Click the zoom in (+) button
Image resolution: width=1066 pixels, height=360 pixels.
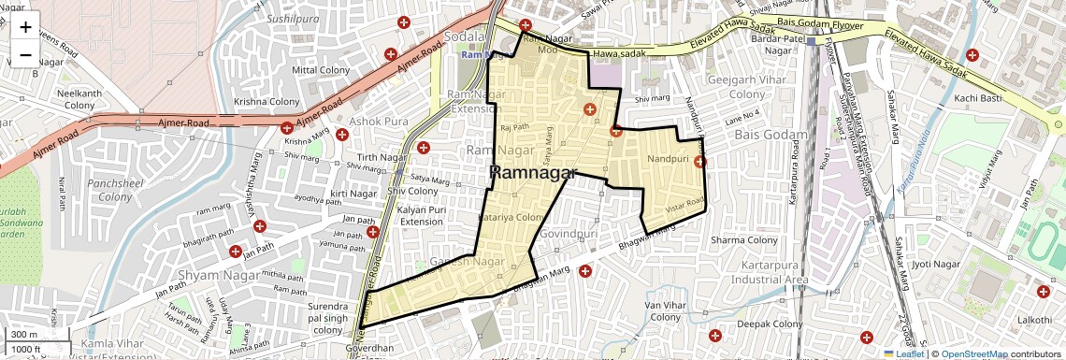25,26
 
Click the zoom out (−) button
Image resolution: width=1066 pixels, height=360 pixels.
25,54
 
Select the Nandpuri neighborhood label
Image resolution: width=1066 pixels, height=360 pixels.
668,160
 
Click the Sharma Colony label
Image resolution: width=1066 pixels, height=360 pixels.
744,240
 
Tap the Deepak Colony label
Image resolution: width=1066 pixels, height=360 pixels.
770,324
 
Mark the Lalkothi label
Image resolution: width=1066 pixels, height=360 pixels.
1034,320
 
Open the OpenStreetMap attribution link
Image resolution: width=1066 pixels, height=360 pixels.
973,353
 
